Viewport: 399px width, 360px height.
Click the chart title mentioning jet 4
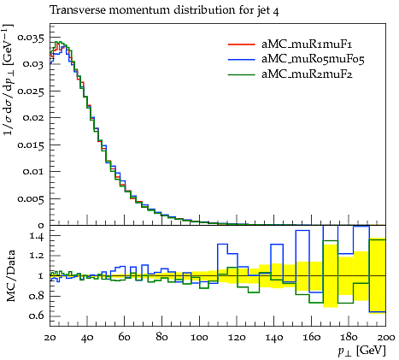(164, 10)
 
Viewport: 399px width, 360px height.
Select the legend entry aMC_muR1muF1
(307, 44)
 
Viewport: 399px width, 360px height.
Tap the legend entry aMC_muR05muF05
(313, 59)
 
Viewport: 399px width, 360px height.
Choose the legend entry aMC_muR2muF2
(307, 74)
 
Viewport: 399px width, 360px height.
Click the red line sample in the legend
(241, 44)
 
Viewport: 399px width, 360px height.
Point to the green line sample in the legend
(241, 74)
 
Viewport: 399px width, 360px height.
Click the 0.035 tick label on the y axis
(31, 38)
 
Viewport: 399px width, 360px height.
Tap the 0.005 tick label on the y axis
(31, 199)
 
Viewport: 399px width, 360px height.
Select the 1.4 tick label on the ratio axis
(37, 236)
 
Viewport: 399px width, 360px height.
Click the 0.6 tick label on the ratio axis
(37, 316)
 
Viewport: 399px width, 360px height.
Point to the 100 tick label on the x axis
(199, 338)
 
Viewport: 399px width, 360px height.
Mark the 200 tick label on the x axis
(385, 338)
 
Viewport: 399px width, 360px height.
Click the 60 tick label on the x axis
(124, 338)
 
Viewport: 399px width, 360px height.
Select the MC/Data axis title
(11, 276)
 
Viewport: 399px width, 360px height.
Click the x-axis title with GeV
(361, 351)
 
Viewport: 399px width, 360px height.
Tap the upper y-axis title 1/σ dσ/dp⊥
(8, 80)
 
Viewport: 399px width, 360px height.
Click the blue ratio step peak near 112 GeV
(222, 244)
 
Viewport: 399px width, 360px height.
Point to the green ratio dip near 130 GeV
(254, 292)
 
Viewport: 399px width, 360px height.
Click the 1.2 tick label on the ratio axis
(37, 256)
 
